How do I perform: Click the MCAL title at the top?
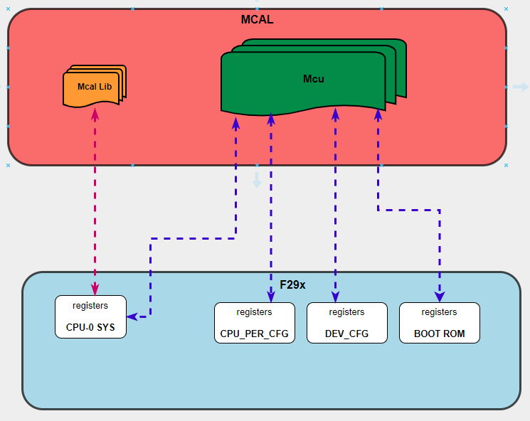click(x=257, y=19)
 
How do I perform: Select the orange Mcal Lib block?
click(x=94, y=87)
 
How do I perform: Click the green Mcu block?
click(x=313, y=79)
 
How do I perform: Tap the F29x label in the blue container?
click(x=292, y=284)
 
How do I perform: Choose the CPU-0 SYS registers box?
click(x=90, y=316)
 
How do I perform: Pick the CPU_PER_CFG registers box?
click(x=254, y=323)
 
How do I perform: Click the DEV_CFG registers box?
click(x=346, y=323)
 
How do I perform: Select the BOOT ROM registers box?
click(x=439, y=323)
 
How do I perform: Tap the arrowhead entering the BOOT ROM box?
click(x=440, y=296)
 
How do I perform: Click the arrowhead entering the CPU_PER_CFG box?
click(x=270, y=296)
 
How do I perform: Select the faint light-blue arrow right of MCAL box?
click(x=521, y=87)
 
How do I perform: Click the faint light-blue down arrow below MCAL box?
click(x=257, y=181)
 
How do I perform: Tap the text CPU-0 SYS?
click(x=90, y=327)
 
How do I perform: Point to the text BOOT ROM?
click(x=439, y=334)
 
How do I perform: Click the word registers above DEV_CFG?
click(x=346, y=312)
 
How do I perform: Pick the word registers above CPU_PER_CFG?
click(x=254, y=312)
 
